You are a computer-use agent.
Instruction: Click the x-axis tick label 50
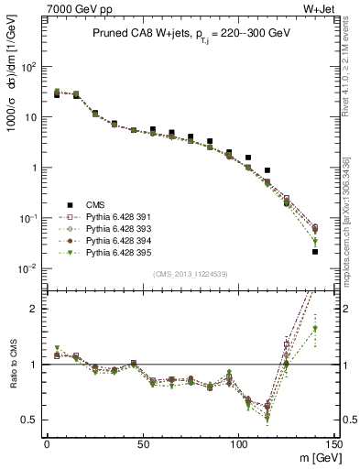142,442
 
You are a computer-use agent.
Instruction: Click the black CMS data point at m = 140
315,251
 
